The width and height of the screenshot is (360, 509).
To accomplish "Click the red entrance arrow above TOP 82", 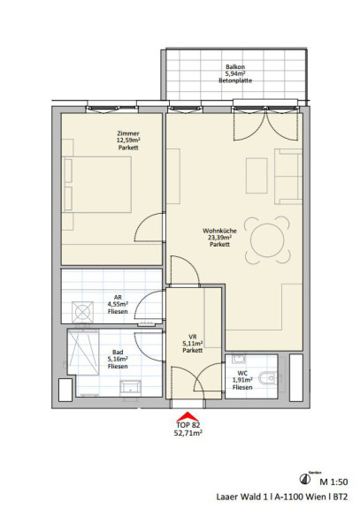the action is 188,416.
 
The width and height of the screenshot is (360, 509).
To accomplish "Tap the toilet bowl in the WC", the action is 268,378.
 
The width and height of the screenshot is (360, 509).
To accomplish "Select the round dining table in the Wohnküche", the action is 267,240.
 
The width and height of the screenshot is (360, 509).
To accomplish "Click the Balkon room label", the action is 235,67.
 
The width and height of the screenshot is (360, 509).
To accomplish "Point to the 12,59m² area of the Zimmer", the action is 128,141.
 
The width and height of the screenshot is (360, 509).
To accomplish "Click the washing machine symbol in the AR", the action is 82,312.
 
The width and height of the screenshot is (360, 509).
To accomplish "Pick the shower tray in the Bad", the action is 83,353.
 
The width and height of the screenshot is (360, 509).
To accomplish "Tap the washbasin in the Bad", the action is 130,389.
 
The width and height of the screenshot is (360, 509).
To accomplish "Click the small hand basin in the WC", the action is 239,360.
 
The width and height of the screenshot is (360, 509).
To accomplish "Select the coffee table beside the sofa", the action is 257,176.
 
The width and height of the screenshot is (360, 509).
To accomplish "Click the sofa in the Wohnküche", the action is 288,176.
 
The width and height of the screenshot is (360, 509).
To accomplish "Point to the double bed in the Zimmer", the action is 97,185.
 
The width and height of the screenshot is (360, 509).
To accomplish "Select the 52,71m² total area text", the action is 188,433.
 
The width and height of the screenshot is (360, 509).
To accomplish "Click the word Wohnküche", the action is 219,231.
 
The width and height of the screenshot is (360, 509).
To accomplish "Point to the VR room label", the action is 192,337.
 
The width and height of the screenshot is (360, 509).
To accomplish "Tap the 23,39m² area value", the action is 219,238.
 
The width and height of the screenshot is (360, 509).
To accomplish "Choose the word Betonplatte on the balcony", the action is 235,80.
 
